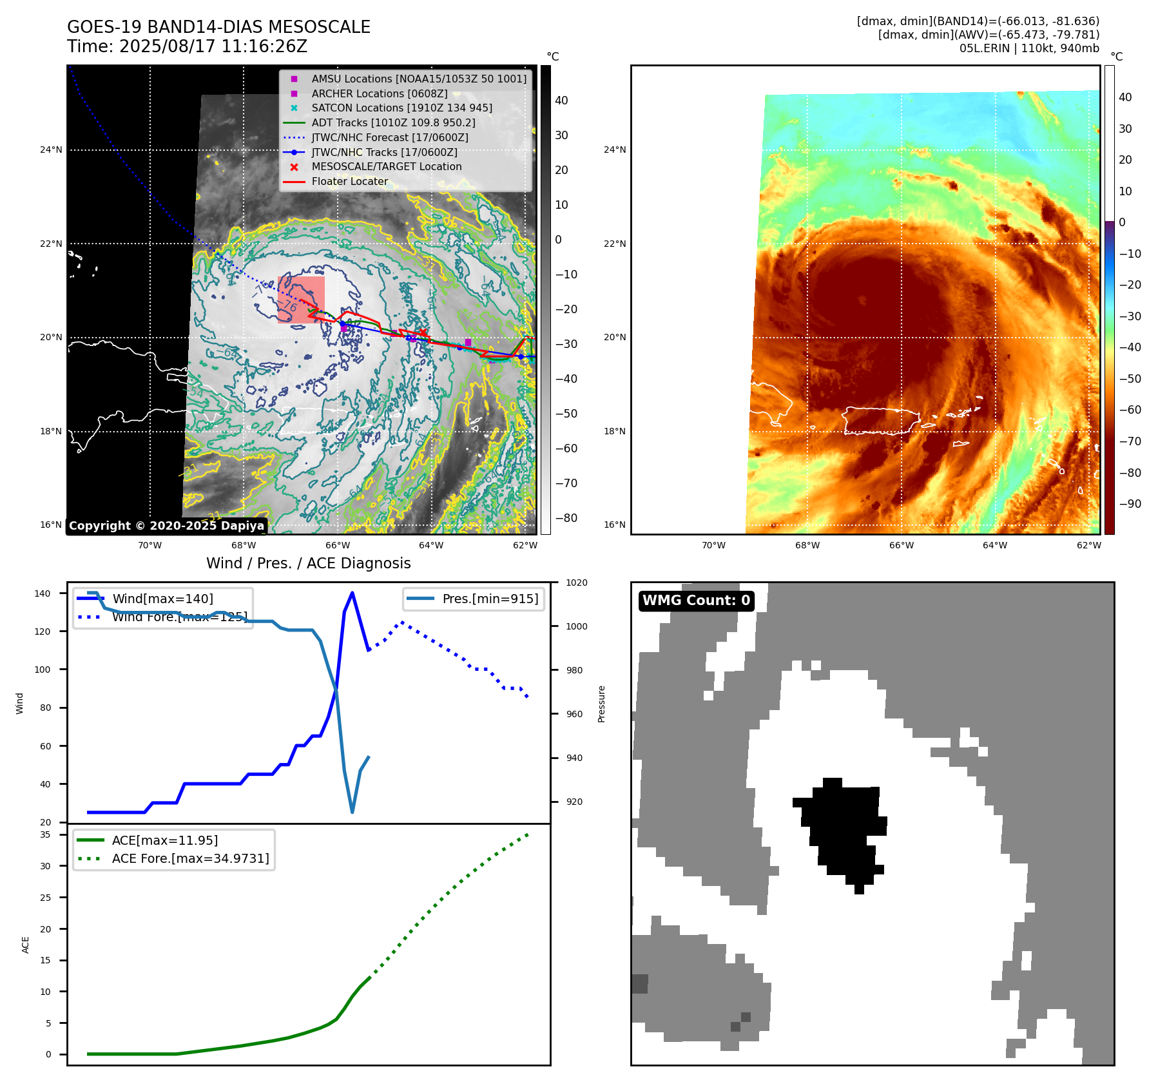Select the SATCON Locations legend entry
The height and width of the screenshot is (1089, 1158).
(401, 108)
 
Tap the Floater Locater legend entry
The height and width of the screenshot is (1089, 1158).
(349, 182)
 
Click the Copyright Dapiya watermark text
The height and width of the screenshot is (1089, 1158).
(166, 526)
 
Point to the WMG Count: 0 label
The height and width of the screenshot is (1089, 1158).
(696, 601)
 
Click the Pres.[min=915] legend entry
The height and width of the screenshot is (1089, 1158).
(490, 599)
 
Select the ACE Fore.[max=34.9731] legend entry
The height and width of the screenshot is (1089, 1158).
(190, 858)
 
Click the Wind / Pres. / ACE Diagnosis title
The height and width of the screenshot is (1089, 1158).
(308, 563)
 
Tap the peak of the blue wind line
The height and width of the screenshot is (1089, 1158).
(352, 593)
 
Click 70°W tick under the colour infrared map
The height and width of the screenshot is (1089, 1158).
(713, 545)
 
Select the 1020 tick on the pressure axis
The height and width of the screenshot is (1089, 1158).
(576, 583)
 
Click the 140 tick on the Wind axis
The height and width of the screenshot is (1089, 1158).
(43, 593)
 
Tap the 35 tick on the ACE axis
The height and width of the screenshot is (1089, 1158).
(45, 834)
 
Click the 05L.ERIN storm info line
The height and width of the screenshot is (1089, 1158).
(1029, 48)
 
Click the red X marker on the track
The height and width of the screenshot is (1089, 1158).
(423, 332)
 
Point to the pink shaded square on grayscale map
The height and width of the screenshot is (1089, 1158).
(301, 300)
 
